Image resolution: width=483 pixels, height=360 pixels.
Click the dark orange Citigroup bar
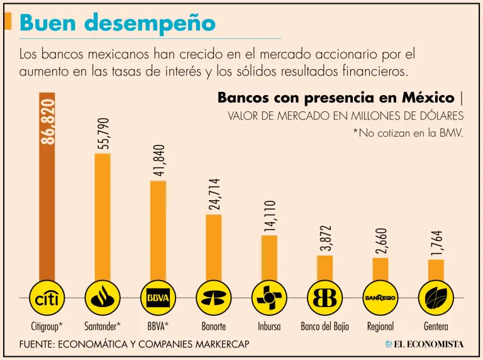(47, 189)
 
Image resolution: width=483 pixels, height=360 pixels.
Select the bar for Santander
(103, 217)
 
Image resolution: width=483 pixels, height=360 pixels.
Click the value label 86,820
(48, 121)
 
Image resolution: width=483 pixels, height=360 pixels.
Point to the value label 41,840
(158, 157)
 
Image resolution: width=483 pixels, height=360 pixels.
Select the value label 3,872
(325, 239)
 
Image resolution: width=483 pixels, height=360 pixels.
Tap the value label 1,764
(436, 243)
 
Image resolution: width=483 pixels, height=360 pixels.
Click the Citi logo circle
(48, 298)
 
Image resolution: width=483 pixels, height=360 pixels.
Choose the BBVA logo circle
(158, 298)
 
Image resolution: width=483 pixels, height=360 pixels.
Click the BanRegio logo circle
(380, 298)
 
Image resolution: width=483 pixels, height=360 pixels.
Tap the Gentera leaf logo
(436, 298)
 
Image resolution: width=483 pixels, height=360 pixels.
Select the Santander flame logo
(103, 298)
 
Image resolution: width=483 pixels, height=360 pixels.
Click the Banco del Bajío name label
(325, 327)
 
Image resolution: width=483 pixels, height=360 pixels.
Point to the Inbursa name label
(269, 327)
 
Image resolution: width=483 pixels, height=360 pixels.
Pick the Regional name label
(380, 327)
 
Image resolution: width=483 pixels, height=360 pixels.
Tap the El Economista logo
(425, 344)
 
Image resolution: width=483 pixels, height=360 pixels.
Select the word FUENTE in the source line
(38, 345)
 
